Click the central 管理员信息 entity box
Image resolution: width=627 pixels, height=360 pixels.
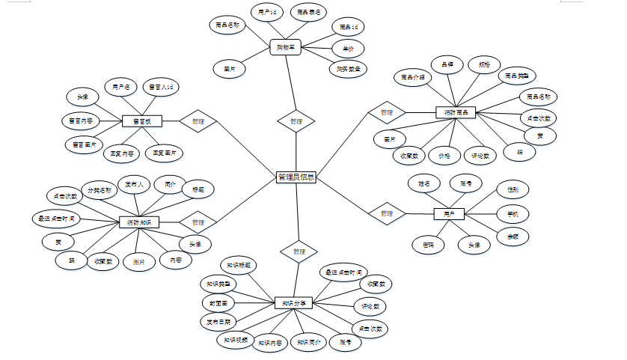tap(296, 177)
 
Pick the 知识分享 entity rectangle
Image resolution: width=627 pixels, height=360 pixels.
tap(293, 303)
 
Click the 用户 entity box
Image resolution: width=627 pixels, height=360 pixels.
tap(449, 214)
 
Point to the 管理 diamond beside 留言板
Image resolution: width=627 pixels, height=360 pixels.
tap(198, 120)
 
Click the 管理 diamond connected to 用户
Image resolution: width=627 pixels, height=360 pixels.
tap(386, 213)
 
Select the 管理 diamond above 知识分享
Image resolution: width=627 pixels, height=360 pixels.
tap(299, 251)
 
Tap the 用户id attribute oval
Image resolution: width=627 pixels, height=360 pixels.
tap(267, 13)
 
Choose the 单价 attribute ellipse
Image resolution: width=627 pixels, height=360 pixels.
tap(348, 49)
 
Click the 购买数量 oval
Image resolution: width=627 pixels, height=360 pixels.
tap(348, 70)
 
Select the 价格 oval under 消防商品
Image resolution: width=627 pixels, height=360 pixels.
tap(444, 156)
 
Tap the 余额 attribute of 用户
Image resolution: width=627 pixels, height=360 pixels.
tap(513, 236)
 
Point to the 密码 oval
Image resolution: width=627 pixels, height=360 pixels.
tap(428, 244)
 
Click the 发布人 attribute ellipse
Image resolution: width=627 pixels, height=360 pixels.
tap(135, 183)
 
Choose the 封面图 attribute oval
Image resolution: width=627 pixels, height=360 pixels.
tap(218, 302)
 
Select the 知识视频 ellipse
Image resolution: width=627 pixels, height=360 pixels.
tap(233, 340)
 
